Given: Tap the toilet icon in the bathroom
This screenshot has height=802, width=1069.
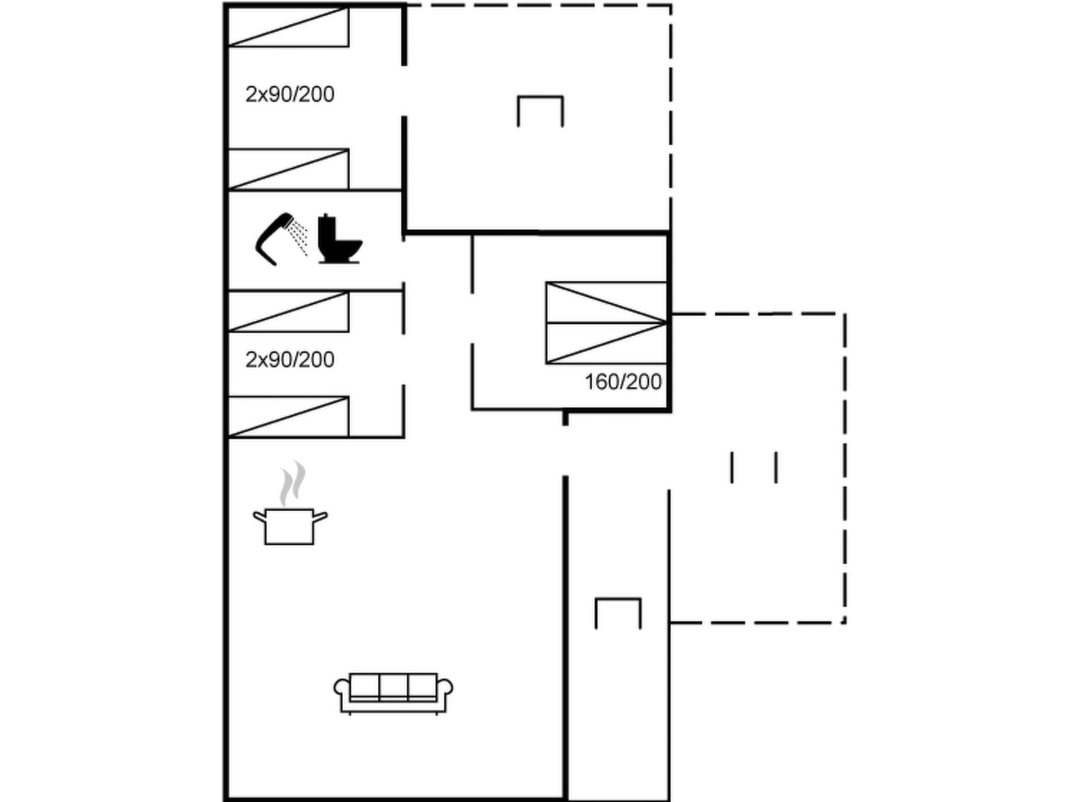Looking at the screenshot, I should [x=339, y=241].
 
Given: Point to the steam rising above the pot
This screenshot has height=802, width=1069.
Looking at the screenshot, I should [x=292, y=483].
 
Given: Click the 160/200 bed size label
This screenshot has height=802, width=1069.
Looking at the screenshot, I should [x=623, y=382].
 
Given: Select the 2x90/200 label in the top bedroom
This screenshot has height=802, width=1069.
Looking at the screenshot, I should [x=290, y=95].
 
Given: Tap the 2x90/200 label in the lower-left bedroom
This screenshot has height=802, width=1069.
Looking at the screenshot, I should [x=290, y=360].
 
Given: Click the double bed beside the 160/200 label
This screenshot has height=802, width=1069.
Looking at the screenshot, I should [x=606, y=323].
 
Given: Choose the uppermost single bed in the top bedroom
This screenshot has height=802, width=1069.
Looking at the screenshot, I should [x=289, y=27].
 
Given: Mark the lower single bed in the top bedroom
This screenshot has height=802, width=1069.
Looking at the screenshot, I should [x=289, y=169].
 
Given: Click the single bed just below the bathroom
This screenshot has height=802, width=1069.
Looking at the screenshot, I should [x=289, y=312].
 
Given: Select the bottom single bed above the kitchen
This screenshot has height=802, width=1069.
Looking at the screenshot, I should [x=289, y=417].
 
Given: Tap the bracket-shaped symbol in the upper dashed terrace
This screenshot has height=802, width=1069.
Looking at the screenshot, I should [x=540, y=110].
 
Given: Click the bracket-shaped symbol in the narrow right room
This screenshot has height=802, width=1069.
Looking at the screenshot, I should [x=618, y=612].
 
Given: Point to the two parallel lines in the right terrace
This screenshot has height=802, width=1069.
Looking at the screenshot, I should [x=754, y=467].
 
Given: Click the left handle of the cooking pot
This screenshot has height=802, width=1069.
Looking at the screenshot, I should [x=259, y=517].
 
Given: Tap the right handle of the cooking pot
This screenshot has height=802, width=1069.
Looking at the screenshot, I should [x=320, y=517].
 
